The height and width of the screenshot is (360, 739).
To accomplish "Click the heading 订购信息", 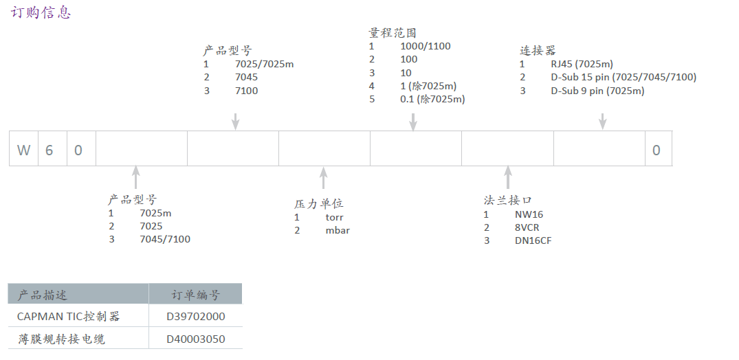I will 41,12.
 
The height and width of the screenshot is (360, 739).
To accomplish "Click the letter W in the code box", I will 24,150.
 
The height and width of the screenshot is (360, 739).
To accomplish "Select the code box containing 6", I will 49,150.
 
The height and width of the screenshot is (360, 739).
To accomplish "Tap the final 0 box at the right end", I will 657,150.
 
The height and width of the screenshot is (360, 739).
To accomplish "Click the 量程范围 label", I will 393,32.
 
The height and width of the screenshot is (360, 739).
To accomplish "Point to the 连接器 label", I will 538,50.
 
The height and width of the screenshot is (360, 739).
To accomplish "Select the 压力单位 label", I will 318,203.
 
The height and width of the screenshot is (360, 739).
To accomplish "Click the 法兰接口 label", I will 507,200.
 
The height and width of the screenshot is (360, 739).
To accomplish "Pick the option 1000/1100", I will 426,46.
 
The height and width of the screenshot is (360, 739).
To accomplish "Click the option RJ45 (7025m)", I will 582,64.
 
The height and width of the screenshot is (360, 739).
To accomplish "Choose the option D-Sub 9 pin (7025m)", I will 597,91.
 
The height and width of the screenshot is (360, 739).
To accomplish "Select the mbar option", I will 338,230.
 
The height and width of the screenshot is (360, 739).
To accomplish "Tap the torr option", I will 334,217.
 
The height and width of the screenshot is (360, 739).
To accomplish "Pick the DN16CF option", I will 533,240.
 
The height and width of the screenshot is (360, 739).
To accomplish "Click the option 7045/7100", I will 165,239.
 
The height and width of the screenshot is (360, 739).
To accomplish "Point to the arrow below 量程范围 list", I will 413,121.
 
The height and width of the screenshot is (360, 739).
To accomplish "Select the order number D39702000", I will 195,317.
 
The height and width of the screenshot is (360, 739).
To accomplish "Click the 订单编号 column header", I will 195,295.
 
